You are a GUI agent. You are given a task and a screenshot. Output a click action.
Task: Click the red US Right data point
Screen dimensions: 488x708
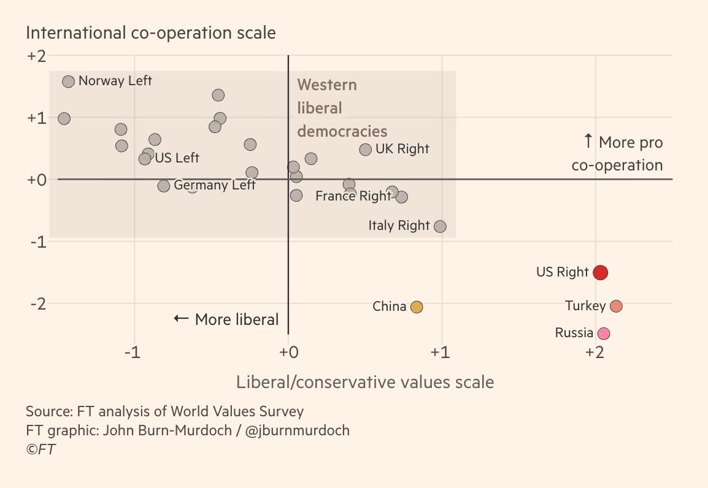600,272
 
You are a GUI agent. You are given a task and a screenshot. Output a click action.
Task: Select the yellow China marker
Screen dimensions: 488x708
417,307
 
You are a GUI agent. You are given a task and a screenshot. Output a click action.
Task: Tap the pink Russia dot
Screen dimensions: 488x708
604,334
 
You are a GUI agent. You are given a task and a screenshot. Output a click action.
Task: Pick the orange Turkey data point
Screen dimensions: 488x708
617,306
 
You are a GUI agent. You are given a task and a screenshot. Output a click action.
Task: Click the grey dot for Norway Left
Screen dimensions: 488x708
68,82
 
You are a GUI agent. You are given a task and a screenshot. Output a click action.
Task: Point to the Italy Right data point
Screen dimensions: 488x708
440,226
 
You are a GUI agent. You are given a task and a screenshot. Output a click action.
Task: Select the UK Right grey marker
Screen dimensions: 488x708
366,150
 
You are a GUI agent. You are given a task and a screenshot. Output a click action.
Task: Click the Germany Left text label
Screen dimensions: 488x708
215,185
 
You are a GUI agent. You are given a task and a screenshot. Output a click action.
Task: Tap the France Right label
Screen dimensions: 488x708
353,196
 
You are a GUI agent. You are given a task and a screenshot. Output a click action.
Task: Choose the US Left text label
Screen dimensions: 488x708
177,158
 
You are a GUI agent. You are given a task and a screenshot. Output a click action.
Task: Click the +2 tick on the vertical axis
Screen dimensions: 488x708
37,56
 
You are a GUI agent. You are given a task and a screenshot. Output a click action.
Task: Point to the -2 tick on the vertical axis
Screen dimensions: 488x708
37,303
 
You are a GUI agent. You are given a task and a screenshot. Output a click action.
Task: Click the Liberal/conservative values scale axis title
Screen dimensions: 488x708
365,382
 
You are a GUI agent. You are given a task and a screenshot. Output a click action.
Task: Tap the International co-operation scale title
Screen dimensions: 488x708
151,32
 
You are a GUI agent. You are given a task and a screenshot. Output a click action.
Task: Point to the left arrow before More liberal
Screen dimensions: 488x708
181,319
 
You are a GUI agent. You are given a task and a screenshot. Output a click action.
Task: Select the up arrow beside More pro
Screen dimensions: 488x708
588,142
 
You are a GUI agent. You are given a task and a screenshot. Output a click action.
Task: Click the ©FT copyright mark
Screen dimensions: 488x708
41,449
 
